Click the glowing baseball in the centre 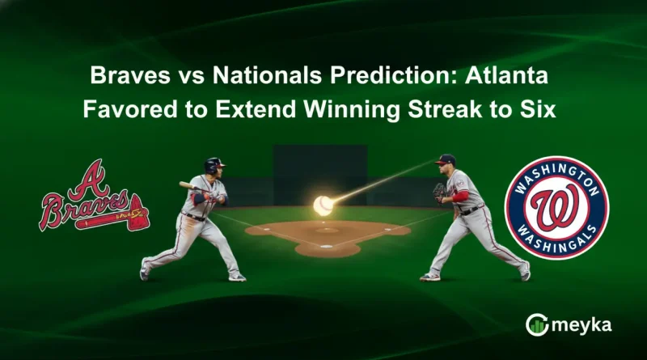click(323, 204)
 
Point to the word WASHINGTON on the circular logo click(556, 172)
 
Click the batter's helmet click(215, 165)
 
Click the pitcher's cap click(446, 160)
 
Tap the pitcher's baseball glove click(439, 193)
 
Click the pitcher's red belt click(467, 211)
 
